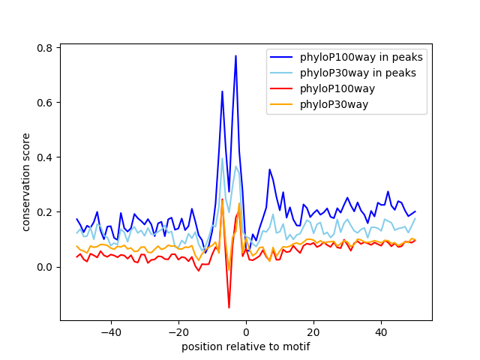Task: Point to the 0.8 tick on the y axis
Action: (x=45, y=48)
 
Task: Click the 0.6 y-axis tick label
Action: (x=45, y=103)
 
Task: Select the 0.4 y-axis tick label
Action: (x=45, y=157)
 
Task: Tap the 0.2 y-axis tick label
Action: (x=45, y=212)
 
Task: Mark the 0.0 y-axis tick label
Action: (x=45, y=267)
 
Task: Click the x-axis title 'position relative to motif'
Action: (x=245, y=346)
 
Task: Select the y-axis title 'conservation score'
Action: (x=26, y=182)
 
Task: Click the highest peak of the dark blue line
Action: (x=235, y=55)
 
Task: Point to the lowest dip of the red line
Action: (x=229, y=307)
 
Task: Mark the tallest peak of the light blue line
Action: (x=222, y=158)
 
